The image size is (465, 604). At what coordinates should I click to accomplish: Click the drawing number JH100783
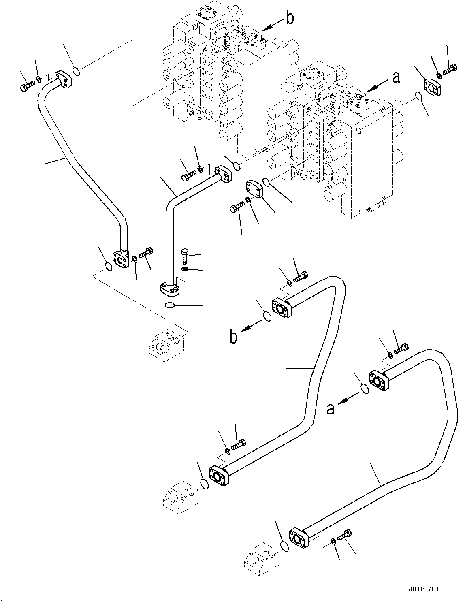click(x=423, y=589)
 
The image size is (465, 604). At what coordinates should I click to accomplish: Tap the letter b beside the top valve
click(x=290, y=19)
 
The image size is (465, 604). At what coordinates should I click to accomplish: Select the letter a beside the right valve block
click(x=396, y=77)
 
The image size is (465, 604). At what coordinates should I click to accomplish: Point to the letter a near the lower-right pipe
click(x=331, y=409)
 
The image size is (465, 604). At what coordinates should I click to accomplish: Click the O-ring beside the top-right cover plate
click(x=418, y=96)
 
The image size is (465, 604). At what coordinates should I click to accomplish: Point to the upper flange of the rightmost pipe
click(x=379, y=380)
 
